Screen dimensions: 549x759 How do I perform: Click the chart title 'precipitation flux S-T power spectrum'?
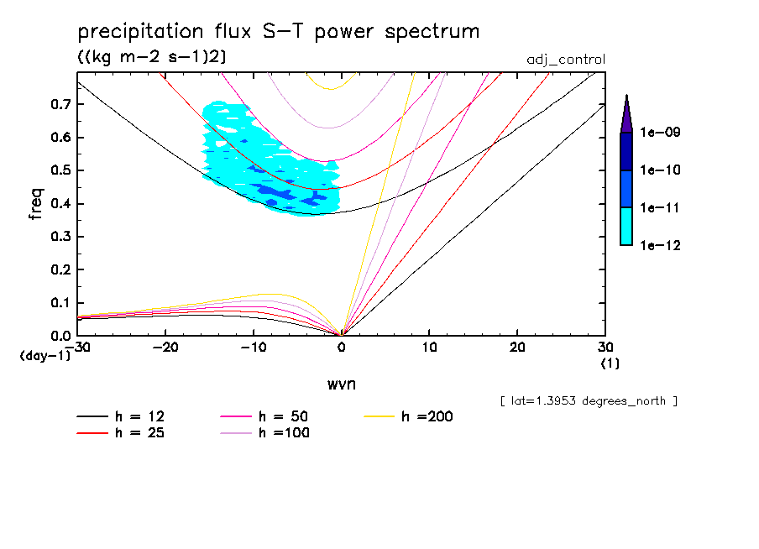tap(278, 33)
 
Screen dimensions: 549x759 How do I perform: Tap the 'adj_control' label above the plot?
tap(565, 60)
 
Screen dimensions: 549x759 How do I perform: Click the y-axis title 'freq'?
tap(36, 204)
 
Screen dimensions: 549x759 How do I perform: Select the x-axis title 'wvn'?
tap(340, 384)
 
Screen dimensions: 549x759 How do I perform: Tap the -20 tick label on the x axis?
tap(165, 348)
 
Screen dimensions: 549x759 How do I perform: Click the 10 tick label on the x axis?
tap(429, 348)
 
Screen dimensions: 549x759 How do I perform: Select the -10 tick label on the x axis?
tap(254, 348)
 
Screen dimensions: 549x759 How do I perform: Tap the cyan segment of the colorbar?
tap(626, 226)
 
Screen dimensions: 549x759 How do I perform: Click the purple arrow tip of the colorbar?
tap(626, 113)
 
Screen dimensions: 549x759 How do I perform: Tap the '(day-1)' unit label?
tap(45, 356)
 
